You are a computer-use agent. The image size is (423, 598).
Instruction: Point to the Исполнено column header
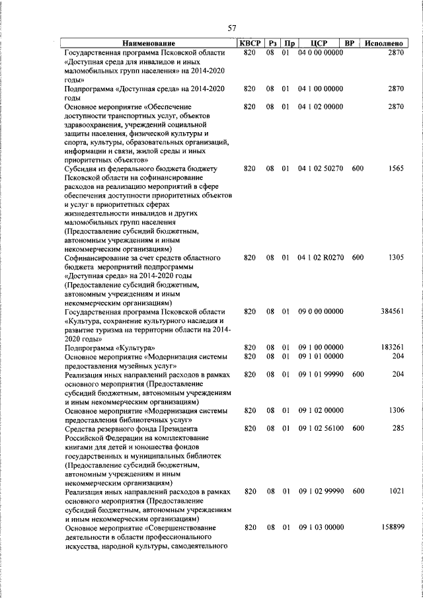tap(384, 43)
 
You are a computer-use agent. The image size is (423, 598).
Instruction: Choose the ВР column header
tap(352, 43)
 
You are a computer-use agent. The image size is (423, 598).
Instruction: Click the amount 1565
tap(395, 168)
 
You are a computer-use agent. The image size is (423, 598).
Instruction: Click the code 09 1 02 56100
tap(321, 428)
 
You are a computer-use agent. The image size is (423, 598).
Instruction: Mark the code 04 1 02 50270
tap(321, 168)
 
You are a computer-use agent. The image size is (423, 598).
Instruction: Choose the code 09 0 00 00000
tap(321, 311)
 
